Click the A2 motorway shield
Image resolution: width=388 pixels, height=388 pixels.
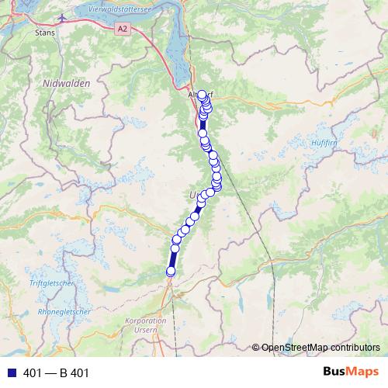pyautogui.click(x=121, y=28)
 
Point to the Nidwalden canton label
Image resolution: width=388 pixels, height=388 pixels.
pyautogui.click(x=67, y=83)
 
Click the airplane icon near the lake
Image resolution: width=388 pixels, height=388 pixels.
pyautogui.click(x=62, y=15)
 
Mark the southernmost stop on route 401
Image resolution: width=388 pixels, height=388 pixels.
pyautogui.click(x=171, y=271)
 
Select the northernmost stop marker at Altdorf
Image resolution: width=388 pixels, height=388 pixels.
pyautogui.click(x=203, y=95)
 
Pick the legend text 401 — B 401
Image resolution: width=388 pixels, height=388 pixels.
pyautogui.click(x=57, y=373)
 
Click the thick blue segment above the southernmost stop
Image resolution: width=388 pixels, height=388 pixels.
pyautogui.click(x=174, y=256)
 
